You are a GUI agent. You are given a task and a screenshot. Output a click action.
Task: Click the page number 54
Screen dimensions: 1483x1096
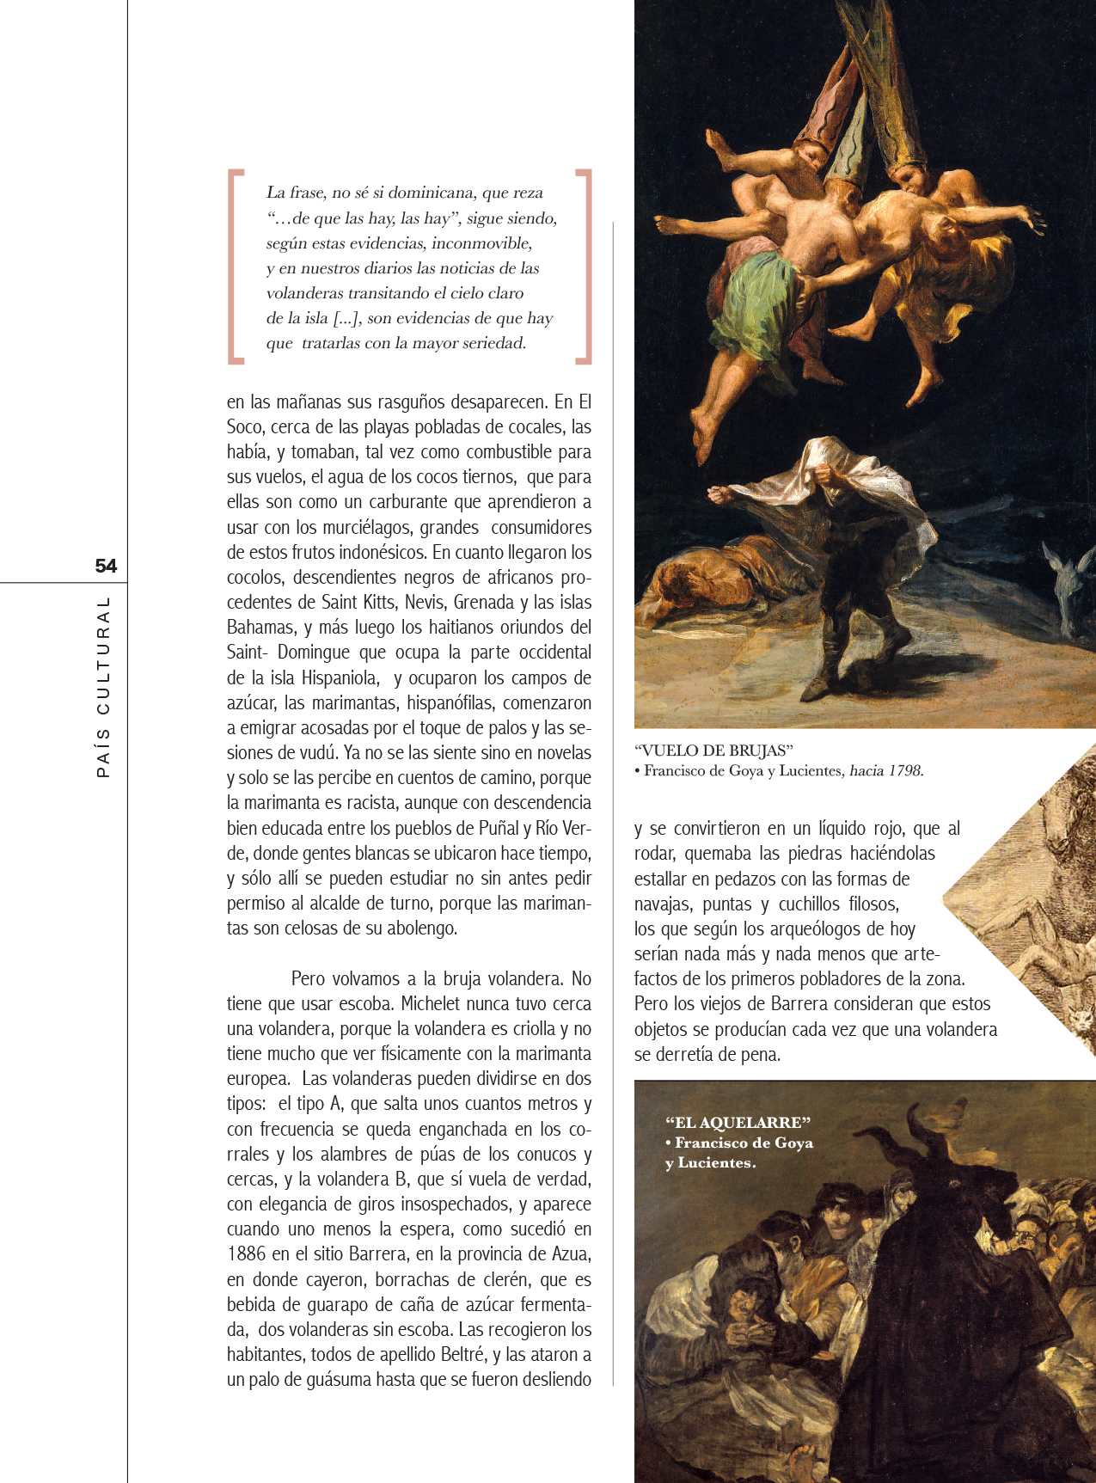106,566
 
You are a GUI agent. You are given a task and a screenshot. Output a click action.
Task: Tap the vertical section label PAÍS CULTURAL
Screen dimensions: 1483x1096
104,687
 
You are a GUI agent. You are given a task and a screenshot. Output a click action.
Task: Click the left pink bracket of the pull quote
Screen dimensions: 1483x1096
234,267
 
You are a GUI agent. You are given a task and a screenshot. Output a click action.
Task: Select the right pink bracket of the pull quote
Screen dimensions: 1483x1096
585,267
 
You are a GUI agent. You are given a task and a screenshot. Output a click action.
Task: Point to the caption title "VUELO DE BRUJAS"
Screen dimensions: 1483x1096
713,751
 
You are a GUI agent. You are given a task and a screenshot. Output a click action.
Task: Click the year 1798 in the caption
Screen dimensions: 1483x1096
905,771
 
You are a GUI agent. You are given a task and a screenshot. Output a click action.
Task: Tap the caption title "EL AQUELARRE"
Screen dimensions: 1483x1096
738,1123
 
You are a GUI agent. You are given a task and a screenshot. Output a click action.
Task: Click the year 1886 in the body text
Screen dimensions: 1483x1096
247,1254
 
